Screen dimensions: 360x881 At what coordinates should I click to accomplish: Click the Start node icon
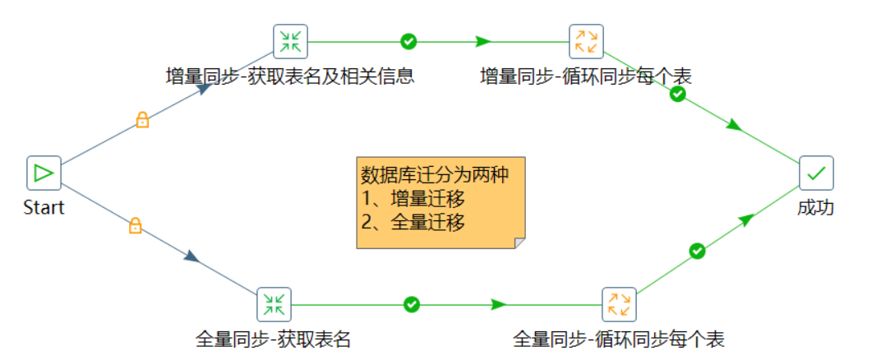tap(44, 173)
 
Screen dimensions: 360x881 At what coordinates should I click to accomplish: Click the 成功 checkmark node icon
tap(816, 173)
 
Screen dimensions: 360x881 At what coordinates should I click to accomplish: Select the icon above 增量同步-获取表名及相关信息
tap(290, 41)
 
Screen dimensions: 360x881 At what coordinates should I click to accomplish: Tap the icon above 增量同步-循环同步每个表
tap(586, 41)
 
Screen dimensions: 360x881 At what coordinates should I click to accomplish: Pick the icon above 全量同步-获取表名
tap(274, 304)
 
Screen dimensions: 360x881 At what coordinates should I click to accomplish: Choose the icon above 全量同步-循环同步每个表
tap(619, 304)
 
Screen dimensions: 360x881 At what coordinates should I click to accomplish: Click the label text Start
tap(44, 207)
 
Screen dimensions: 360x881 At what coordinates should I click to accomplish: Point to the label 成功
tap(816, 207)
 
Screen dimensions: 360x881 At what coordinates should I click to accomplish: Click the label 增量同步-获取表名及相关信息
tap(289, 76)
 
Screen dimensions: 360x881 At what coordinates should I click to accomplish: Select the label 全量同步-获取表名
tap(273, 339)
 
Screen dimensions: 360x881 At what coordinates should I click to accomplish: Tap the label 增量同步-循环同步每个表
tap(586, 76)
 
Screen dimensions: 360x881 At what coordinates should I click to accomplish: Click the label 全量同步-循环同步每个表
tap(619, 339)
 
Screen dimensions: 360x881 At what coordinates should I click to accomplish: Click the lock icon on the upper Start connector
tap(142, 121)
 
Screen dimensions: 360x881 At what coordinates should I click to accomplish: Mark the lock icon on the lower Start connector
tap(136, 225)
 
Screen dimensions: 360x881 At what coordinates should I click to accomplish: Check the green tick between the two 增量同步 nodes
tap(408, 41)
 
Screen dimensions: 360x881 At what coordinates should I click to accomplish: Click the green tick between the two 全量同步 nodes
tap(412, 304)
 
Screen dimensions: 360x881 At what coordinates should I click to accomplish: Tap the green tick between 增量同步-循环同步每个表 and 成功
tap(677, 95)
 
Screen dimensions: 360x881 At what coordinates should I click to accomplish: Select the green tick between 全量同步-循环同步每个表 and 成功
tap(697, 250)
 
